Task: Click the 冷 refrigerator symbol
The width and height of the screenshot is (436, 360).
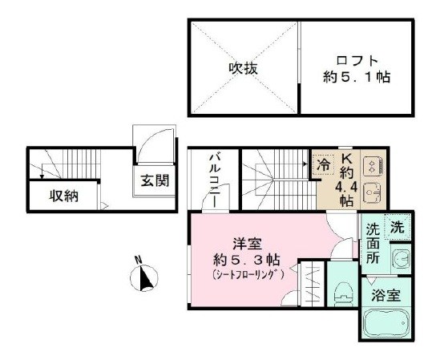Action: pyautogui.click(x=322, y=164)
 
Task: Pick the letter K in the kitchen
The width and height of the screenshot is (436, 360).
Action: pyautogui.click(x=348, y=159)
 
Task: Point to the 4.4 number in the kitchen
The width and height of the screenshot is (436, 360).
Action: pyautogui.click(x=348, y=187)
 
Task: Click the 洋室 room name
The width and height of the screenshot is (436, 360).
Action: pyautogui.click(x=246, y=242)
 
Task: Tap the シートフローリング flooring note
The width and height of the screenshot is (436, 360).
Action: pyautogui.click(x=246, y=274)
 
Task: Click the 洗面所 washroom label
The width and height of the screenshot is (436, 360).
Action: pyautogui.click(x=373, y=244)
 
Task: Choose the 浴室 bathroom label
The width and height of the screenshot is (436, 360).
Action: pyautogui.click(x=386, y=294)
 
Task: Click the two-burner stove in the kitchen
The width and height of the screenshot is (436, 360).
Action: pyautogui.click(x=371, y=166)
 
